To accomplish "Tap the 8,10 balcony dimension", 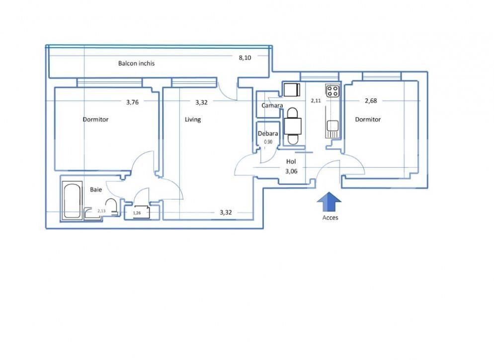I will pyautogui.click(x=245, y=58).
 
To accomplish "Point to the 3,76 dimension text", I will pyautogui.click(x=132, y=102).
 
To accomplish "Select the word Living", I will pyautogui.click(x=193, y=120).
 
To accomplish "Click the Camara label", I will pyautogui.click(x=272, y=105).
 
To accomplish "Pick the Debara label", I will pyautogui.click(x=267, y=133).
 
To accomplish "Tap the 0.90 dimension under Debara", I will pyautogui.click(x=268, y=142).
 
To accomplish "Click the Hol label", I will pyautogui.click(x=291, y=161).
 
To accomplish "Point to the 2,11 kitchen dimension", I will pyautogui.click(x=316, y=101).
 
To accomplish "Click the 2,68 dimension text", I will pyautogui.click(x=371, y=101).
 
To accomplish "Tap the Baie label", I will pyautogui.click(x=96, y=189).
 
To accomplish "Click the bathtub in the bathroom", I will pyautogui.click(x=72, y=201).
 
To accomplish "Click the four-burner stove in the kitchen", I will pyautogui.click(x=332, y=91).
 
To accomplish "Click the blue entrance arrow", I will pyautogui.click(x=329, y=203).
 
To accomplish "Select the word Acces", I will pyautogui.click(x=329, y=217).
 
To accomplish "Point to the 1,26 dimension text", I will pyautogui.click(x=137, y=214).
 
